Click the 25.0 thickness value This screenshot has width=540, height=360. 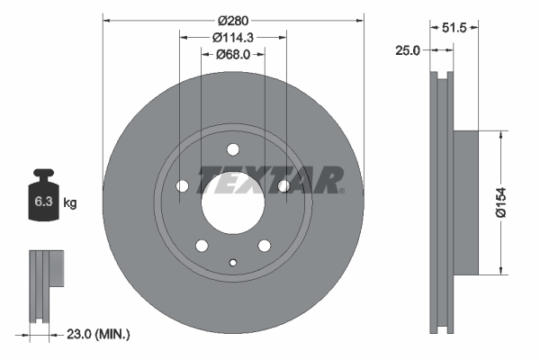408,50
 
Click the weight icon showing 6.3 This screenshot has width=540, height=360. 43,199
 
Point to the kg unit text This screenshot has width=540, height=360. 70,203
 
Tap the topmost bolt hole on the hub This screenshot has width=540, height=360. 233,149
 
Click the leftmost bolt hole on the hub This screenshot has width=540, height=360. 183,186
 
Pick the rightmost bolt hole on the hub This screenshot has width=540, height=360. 283,186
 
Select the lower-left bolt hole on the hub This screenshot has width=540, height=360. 202,246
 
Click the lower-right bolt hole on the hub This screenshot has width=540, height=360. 265,246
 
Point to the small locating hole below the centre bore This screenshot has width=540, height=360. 233,263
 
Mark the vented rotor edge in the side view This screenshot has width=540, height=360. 440,202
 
